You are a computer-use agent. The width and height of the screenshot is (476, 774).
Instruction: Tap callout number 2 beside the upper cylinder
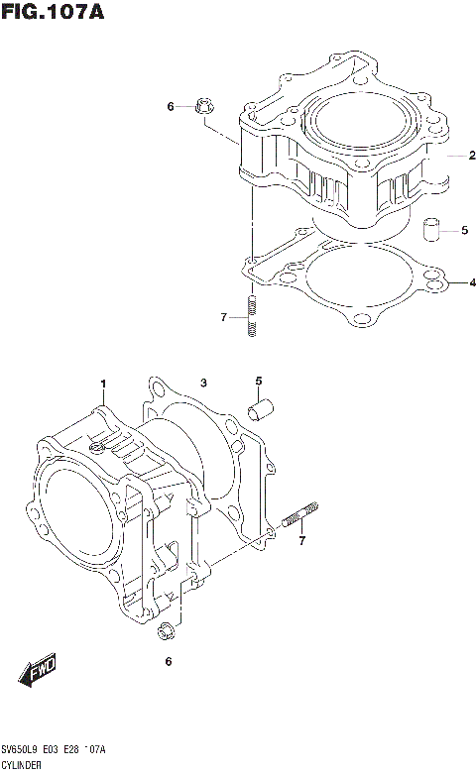(x=472, y=155)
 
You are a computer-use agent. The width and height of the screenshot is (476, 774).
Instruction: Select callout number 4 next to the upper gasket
(x=461, y=283)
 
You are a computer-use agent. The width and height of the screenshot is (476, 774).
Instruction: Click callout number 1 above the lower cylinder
(x=101, y=385)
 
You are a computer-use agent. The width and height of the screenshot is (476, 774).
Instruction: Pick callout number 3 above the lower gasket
(x=202, y=384)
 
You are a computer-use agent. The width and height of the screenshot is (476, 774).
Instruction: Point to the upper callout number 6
(x=170, y=106)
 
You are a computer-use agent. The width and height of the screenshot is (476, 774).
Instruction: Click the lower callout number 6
(x=168, y=661)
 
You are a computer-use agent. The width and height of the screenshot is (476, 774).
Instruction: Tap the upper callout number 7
(x=224, y=316)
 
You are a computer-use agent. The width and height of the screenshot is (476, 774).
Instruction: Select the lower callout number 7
(x=302, y=540)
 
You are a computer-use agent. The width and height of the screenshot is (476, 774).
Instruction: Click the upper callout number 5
(x=464, y=231)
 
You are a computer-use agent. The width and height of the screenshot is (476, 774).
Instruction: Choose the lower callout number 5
(x=259, y=382)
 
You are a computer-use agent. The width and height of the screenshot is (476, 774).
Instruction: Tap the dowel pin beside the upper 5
(x=431, y=231)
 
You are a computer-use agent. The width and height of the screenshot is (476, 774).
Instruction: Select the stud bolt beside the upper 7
(x=252, y=316)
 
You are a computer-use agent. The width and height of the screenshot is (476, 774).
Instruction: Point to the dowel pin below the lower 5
(x=263, y=407)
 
